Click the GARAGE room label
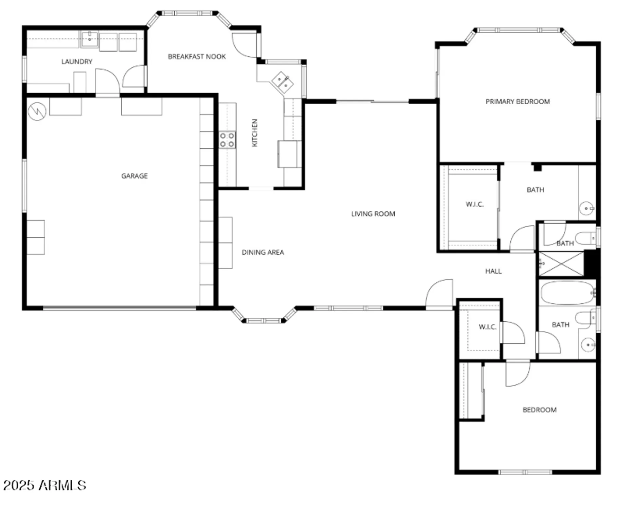tap(135, 176)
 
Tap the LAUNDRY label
tap(77, 62)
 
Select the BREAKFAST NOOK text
tap(197, 57)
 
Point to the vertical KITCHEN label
tap(255, 133)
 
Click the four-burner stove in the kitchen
tap(227, 140)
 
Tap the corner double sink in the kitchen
tap(282, 82)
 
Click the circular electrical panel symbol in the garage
tap(37, 111)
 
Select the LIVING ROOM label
tap(373, 214)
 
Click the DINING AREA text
tap(263, 252)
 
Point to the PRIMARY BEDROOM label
tap(517, 102)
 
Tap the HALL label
tap(493, 271)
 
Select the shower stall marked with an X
tap(561, 264)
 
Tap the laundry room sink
tap(90, 39)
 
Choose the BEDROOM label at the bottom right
tap(539, 410)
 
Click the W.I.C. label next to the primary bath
tap(474, 204)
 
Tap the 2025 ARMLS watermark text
tap(45, 485)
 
